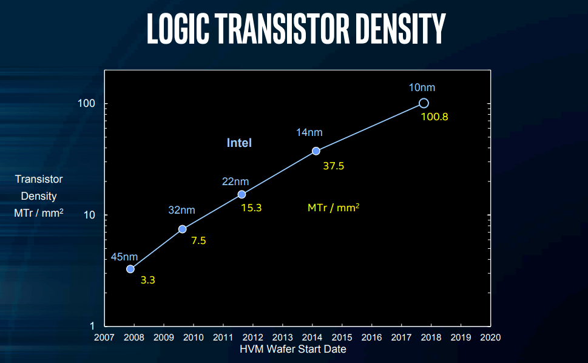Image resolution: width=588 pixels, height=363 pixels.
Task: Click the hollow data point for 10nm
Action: pyautogui.click(x=424, y=103)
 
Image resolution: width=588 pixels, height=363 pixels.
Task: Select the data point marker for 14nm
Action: pyautogui.click(x=316, y=151)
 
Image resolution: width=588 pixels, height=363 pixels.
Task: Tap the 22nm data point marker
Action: pyautogui.click(x=242, y=194)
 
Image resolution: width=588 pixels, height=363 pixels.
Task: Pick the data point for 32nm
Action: pyautogui.click(x=182, y=229)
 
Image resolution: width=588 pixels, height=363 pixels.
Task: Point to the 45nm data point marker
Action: pyautogui.click(x=130, y=269)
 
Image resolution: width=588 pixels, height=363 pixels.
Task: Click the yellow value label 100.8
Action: pyautogui.click(x=434, y=117)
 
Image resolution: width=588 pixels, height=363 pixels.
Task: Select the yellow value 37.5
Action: pyautogui.click(x=333, y=166)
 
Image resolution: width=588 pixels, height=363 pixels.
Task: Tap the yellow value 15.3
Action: pyautogui.click(x=251, y=208)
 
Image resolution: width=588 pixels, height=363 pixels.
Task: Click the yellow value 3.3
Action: pyautogui.click(x=147, y=280)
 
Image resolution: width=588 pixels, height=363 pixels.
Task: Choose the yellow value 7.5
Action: pyautogui.click(x=198, y=241)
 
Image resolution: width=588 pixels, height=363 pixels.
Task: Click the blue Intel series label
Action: pyautogui.click(x=239, y=143)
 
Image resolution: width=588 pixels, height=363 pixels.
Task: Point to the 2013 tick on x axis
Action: pyautogui.click(x=282, y=338)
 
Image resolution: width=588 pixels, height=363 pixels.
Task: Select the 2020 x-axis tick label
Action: pyautogui.click(x=490, y=338)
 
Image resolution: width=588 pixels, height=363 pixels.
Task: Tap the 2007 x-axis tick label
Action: pyautogui.click(x=104, y=338)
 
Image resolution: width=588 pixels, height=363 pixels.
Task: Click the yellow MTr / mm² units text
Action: pyautogui.click(x=333, y=208)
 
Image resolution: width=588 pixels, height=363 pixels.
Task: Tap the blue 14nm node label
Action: pyautogui.click(x=309, y=132)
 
